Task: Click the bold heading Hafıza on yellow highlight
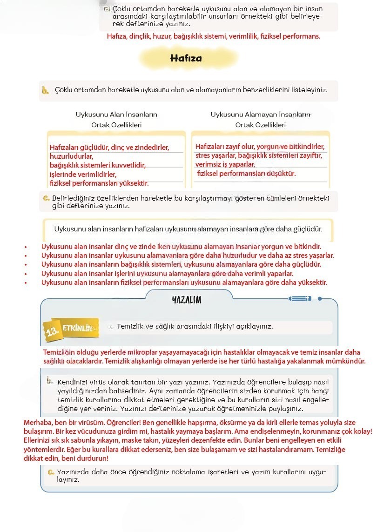[x=186, y=59]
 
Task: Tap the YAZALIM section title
[x=186, y=300]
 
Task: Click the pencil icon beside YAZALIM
[x=300, y=298]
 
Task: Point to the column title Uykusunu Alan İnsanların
[x=116, y=114]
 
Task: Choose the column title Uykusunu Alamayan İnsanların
[x=261, y=114]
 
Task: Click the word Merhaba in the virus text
[x=38, y=422]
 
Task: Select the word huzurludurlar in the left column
[x=72, y=156]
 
